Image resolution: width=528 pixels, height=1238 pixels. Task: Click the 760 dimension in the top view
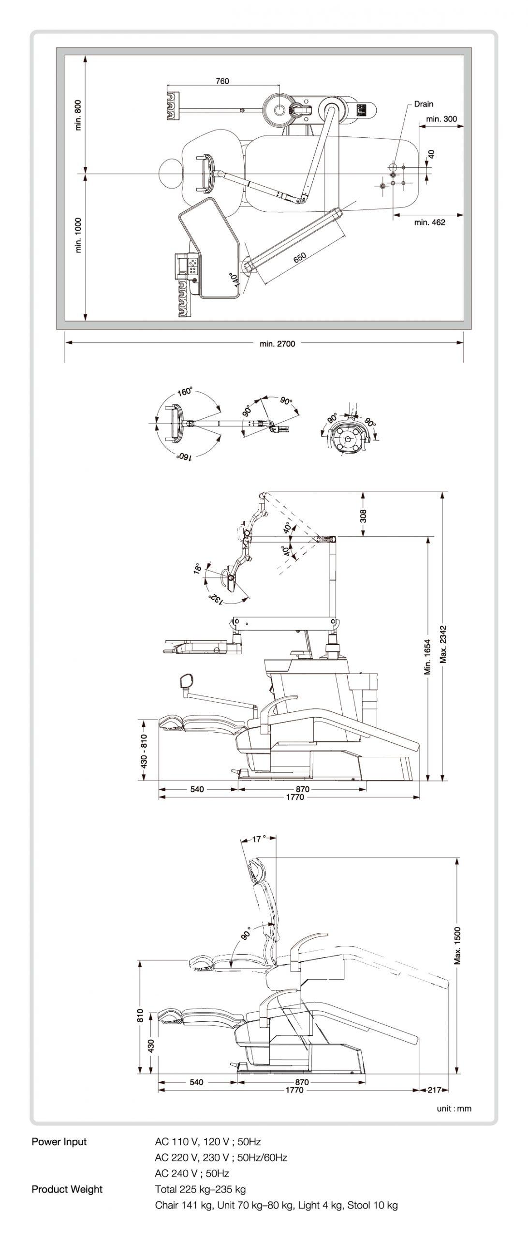[x=222, y=81]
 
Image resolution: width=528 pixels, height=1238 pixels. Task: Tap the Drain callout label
[x=424, y=103]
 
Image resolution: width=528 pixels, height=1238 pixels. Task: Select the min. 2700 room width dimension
[x=277, y=344]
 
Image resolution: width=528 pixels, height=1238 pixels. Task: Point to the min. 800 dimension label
[x=78, y=115]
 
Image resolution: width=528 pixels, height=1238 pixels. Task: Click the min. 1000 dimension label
[x=78, y=236]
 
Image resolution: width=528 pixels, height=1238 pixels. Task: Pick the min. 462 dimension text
[x=429, y=222]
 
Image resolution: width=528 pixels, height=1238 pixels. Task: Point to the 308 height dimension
[x=363, y=516]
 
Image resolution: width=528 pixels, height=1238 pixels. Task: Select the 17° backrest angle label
[x=259, y=839]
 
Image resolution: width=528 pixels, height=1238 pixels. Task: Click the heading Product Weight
[x=67, y=1189]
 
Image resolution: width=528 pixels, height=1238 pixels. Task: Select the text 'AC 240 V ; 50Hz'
[x=192, y=1173]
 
